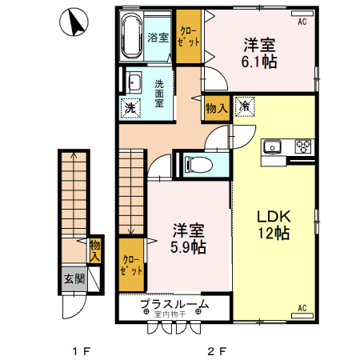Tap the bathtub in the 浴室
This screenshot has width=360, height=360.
click(x=133, y=36)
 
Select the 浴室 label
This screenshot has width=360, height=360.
click(x=158, y=37)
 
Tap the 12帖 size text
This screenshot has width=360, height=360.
click(x=272, y=234)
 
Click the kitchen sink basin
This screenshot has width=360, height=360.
click(x=272, y=146)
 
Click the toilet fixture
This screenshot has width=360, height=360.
click(x=197, y=166)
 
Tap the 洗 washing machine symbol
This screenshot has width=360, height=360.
click(x=130, y=106)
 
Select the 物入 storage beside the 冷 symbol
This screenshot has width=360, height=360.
click(x=217, y=107)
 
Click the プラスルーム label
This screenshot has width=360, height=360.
click(x=174, y=303)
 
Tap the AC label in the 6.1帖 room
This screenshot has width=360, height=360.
click(x=302, y=22)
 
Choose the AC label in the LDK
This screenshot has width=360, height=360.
click(x=302, y=307)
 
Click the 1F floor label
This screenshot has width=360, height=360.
click(x=78, y=350)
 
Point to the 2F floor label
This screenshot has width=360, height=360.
click(x=218, y=350)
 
